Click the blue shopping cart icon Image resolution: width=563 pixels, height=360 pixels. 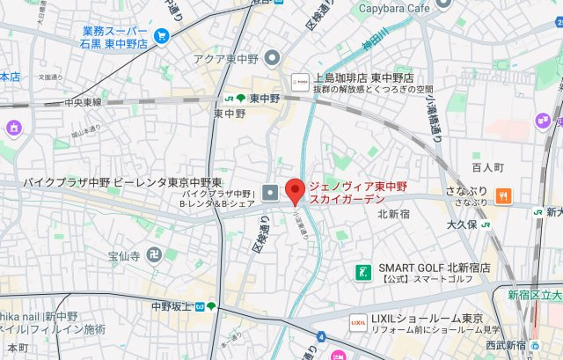[161, 36]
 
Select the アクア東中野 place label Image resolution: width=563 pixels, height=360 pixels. [229, 59]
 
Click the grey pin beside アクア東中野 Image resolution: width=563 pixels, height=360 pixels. [272, 59]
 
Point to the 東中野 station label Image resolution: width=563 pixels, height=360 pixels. [263, 99]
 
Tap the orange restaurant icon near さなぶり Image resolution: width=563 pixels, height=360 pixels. [503, 194]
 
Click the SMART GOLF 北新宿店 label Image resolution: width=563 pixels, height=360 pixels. [434, 268]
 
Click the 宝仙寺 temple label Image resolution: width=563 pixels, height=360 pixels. [124, 256]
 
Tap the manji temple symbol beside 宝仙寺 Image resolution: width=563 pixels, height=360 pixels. [155, 256]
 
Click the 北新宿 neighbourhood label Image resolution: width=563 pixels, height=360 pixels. [396, 214]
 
